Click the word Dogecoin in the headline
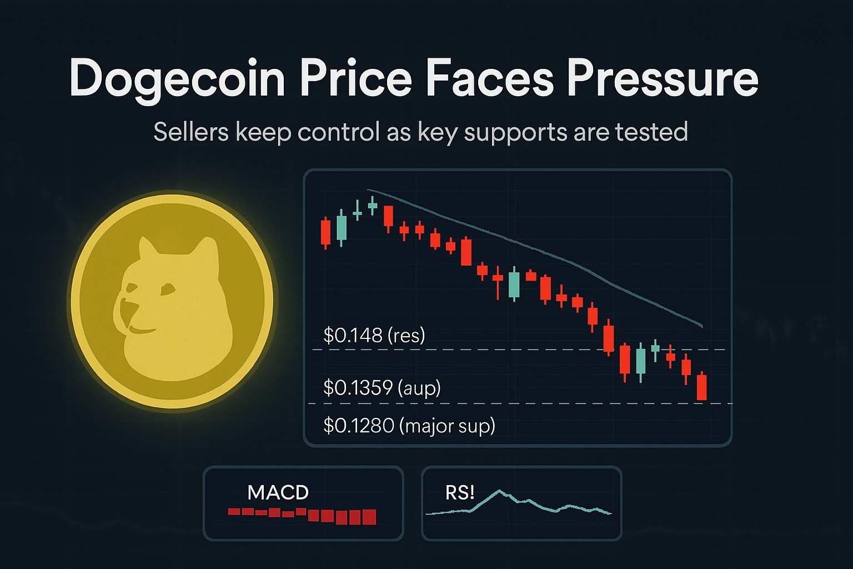tap(177, 79)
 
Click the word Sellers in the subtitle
tap(191, 132)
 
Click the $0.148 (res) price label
tap(374, 336)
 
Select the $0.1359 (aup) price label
tap(382, 387)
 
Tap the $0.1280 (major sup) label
tap(409, 426)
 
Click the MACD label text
tap(278, 492)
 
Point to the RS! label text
tap(460, 492)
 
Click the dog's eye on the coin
tap(167, 289)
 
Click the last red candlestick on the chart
tap(702, 387)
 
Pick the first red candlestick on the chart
tap(325, 232)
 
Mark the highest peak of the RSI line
tap(499, 491)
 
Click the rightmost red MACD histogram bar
tap(369, 517)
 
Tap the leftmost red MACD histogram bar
tap(234, 511)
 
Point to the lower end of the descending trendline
tap(703, 327)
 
